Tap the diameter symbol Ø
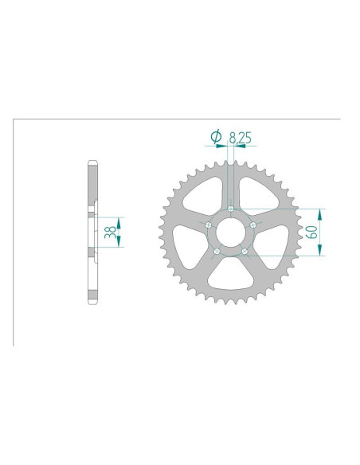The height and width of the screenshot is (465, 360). click(216, 139)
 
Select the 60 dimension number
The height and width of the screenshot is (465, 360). click(314, 232)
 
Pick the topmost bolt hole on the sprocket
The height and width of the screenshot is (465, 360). click(230, 209)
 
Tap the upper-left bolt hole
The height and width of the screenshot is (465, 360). click(208, 225)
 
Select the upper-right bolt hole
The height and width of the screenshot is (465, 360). click(252, 225)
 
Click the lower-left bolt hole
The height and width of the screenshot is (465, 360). click(217, 252)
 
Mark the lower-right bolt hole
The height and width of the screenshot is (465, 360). click(245, 252)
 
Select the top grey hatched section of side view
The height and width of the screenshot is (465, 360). click(92, 185)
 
